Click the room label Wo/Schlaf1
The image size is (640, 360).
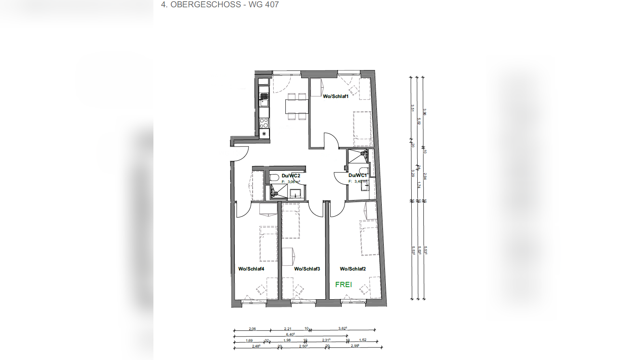(x=335, y=96)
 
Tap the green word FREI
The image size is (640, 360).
(x=343, y=285)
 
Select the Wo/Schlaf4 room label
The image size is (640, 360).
(x=251, y=269)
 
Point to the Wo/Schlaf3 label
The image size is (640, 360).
(x=307, y=269)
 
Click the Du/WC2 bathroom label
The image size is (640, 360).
(x=291, y=176)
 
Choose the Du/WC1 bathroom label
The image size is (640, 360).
(x=357, y=175)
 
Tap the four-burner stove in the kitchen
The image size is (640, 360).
(x=264, y=123)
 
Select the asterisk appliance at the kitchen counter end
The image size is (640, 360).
(x=264, y=134)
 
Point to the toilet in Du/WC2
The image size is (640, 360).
(x=274, y=177)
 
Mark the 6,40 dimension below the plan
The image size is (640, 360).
(x=290, y=334)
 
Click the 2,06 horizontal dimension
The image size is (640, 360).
(x=252, y=329)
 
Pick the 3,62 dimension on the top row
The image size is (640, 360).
(x=342, y=328)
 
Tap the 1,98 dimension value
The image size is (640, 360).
(x=287, y=340)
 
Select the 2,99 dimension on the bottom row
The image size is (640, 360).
(x=355, y=346)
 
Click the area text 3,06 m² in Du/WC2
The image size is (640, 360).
(x=293, y=182)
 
